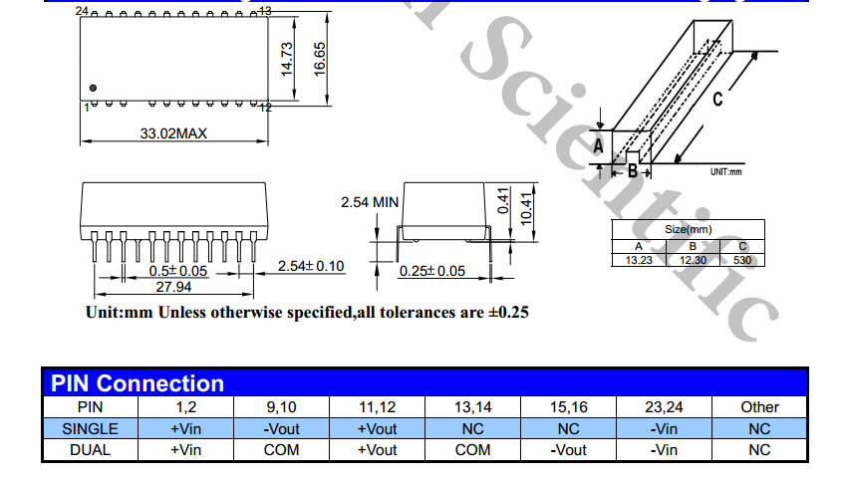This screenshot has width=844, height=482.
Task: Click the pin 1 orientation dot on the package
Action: point(93,88)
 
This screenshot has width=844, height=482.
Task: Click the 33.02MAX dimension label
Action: point(173,133)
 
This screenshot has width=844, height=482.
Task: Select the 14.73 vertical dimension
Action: point(287,59)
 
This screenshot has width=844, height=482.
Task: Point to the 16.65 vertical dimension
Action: point(319,59)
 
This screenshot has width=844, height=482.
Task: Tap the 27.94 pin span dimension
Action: point(173,287)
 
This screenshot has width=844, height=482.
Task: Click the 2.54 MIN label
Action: point(370,202)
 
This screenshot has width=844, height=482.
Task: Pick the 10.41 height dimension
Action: point(526,209)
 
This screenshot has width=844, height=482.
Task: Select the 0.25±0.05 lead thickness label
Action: point(432,271)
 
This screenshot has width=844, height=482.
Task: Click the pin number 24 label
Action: point(82,11)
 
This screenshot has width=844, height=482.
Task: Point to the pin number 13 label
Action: point(265,11)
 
